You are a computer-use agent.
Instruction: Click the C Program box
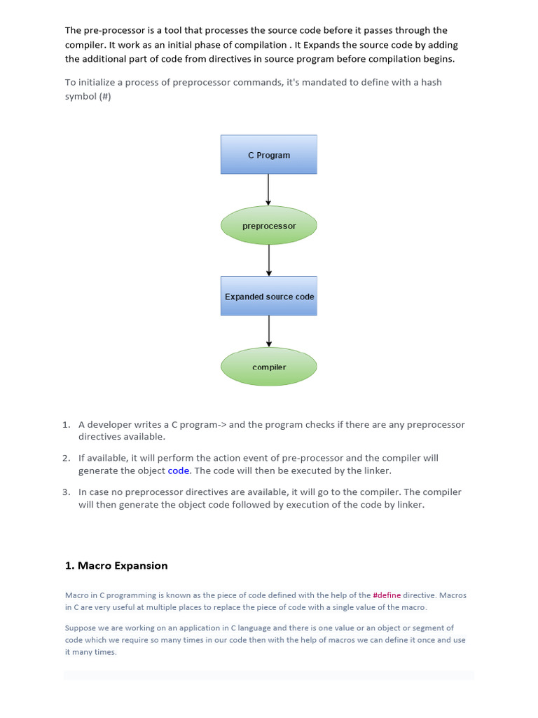click(268, 154)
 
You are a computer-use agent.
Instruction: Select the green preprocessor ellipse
click(268, 225)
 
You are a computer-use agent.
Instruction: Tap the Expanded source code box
click(268, 296)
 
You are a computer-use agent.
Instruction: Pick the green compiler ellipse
click(268, 366)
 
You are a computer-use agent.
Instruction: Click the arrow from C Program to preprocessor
click(268, 189)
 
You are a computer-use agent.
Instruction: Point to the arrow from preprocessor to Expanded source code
click(268, 261)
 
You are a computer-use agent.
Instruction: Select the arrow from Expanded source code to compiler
click(268, 331)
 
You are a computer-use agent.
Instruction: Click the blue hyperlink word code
click(179, 470)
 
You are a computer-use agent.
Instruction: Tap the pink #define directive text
click(387, 595)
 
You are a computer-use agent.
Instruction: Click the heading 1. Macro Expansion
click(116, 566)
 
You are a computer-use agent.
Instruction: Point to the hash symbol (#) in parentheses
click(105, 96)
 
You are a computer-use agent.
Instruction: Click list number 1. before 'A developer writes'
click(67, 424)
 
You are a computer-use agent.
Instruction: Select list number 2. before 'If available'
click(67, 458)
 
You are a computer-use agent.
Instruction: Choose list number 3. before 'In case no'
click(67, 492)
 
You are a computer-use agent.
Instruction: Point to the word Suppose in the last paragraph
click(78, 628)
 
